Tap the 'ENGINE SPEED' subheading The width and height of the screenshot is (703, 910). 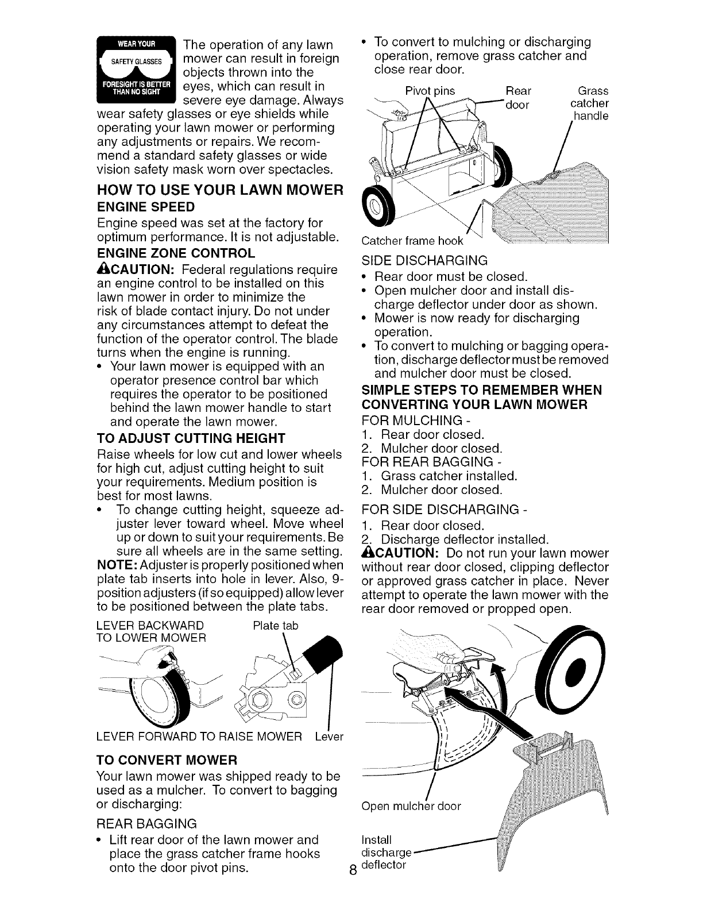point(146,206)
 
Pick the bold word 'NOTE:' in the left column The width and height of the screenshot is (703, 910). point(113,564)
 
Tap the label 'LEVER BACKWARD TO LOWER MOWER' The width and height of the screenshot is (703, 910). point(151,631)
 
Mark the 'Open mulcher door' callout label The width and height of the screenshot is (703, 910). point(412,806)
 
